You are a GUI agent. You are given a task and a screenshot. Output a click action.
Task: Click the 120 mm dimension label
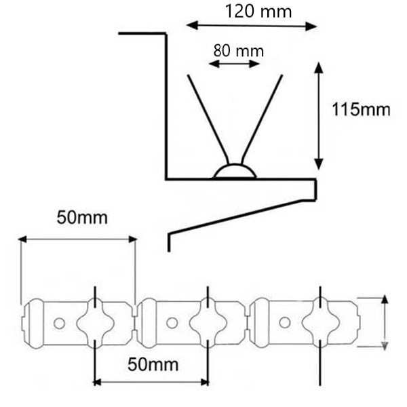click(258, 12)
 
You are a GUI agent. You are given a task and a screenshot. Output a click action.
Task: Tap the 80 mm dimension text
click(238, 51)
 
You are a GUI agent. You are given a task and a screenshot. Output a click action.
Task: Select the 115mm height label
click(361, 109)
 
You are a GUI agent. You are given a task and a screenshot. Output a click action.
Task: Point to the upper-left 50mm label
click(82, 218)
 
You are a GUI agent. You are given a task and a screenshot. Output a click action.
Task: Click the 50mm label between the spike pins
click(153, 364)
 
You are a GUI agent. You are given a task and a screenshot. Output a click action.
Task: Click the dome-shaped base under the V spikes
click(235, 170)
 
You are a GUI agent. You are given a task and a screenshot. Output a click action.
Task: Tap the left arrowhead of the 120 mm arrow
click(192, 26)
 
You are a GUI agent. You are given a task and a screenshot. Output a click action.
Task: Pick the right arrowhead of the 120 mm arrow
click(311, 26)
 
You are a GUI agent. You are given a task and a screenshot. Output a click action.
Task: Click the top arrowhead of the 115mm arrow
click(319, 67)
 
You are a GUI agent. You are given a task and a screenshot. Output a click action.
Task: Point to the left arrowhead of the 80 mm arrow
click(214, 64)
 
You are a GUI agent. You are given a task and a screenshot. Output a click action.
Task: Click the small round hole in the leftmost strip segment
click(59, 324)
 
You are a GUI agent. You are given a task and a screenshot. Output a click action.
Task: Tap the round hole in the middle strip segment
click(172, 323)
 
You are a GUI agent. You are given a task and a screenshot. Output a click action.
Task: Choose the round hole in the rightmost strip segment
click(285, 322)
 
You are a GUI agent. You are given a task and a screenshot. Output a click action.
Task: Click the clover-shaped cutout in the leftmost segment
click(95, 323)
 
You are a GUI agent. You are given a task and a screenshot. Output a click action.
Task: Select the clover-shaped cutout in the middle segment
click(208, 323)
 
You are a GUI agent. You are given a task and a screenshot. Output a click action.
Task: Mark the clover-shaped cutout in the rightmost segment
click(321, 322)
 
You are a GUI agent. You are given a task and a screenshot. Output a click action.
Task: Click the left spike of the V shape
click(208, 119)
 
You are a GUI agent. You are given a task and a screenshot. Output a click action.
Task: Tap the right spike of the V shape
click(262, 119)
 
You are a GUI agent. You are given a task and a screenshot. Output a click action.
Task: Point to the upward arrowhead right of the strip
click(385, 299)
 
